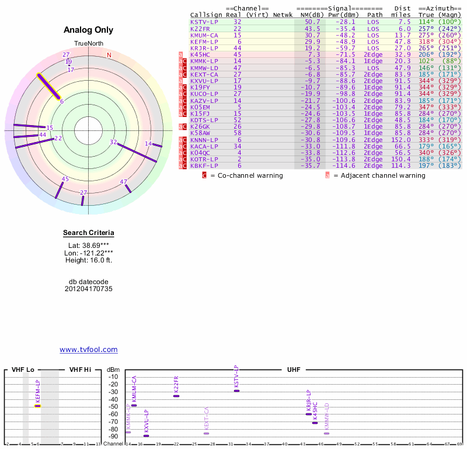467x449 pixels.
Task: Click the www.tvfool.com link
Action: click(x=88, y=350)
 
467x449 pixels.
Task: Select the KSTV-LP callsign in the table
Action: click(x=204, y=22)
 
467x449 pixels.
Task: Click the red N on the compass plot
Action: click(x=109, y=55)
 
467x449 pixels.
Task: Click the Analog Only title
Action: click(x=88, y=30)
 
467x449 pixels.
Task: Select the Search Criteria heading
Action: click(x=88, y=233)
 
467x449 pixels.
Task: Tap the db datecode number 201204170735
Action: click(x=88, y=289)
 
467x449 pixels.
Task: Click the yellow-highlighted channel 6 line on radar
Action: click(x=49, y=87)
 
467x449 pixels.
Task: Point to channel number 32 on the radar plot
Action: click(x=113, y=142)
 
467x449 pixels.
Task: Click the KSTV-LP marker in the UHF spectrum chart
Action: click(x=236, y=391)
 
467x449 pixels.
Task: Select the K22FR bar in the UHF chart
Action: click(x=176, y=396)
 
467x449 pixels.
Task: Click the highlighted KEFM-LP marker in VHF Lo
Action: click(x=37, y=405)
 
